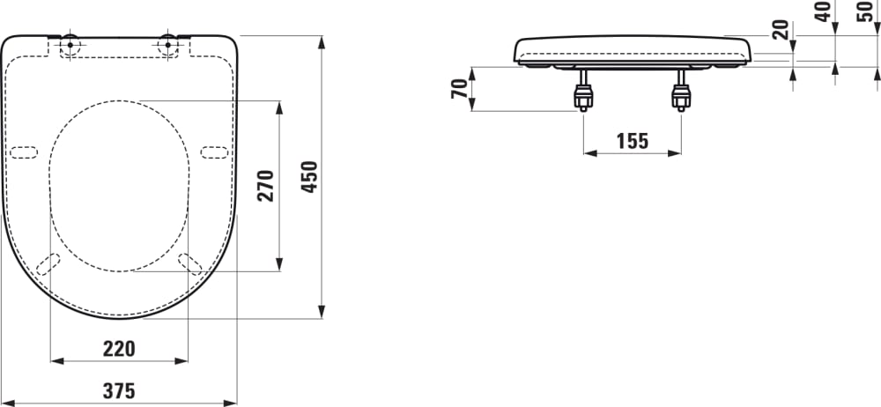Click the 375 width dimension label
click(119, 390)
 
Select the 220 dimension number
click(119, 349)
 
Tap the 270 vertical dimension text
click(265, 185)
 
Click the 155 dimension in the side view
click(632, 140)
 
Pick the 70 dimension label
click(458, 88)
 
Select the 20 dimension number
click(780, 30)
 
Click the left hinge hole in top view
click(70, 44)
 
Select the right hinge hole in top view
click(167, 44)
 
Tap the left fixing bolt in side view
click(582, 93)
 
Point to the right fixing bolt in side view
click(680, 93)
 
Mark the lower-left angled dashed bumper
click(50, 263)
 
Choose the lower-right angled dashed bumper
click(189, 263)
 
